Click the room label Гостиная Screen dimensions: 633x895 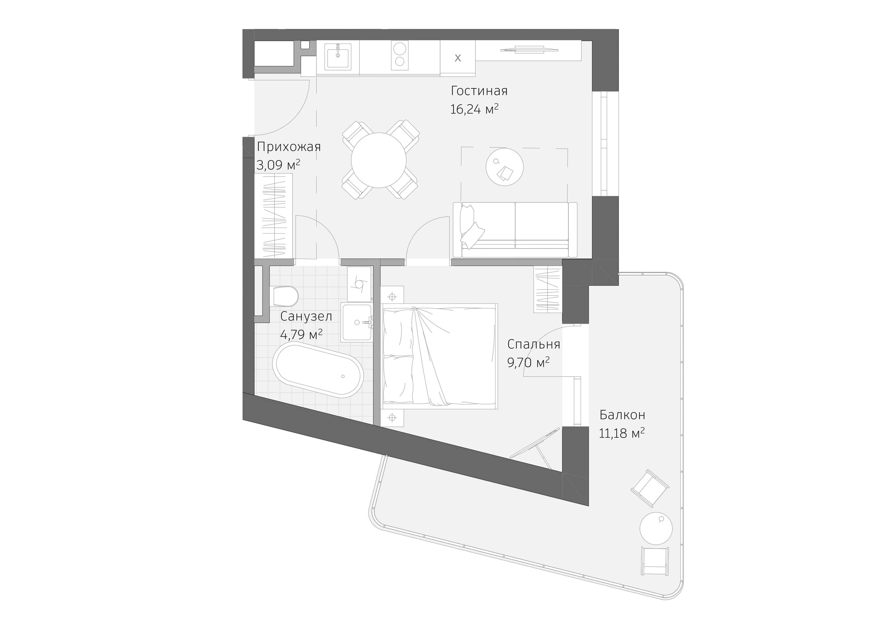click(479, 91)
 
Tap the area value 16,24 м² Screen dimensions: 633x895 click(474, 109)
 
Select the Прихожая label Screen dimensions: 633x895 click(289, 147)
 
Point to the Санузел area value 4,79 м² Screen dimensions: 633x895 click(301, 334)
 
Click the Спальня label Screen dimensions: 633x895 click(533, 344)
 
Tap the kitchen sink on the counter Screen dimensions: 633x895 click(338, 56)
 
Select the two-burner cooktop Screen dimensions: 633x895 click(399, 55)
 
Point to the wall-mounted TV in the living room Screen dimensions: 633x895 click(529, 49)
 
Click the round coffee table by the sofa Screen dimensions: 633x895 click(504, 167)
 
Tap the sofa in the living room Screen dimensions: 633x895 click(515, 230)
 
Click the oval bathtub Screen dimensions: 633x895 click(318, 370)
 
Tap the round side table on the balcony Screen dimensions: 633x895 click(656, 528)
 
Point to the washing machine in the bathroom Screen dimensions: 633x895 click(359, 284)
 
